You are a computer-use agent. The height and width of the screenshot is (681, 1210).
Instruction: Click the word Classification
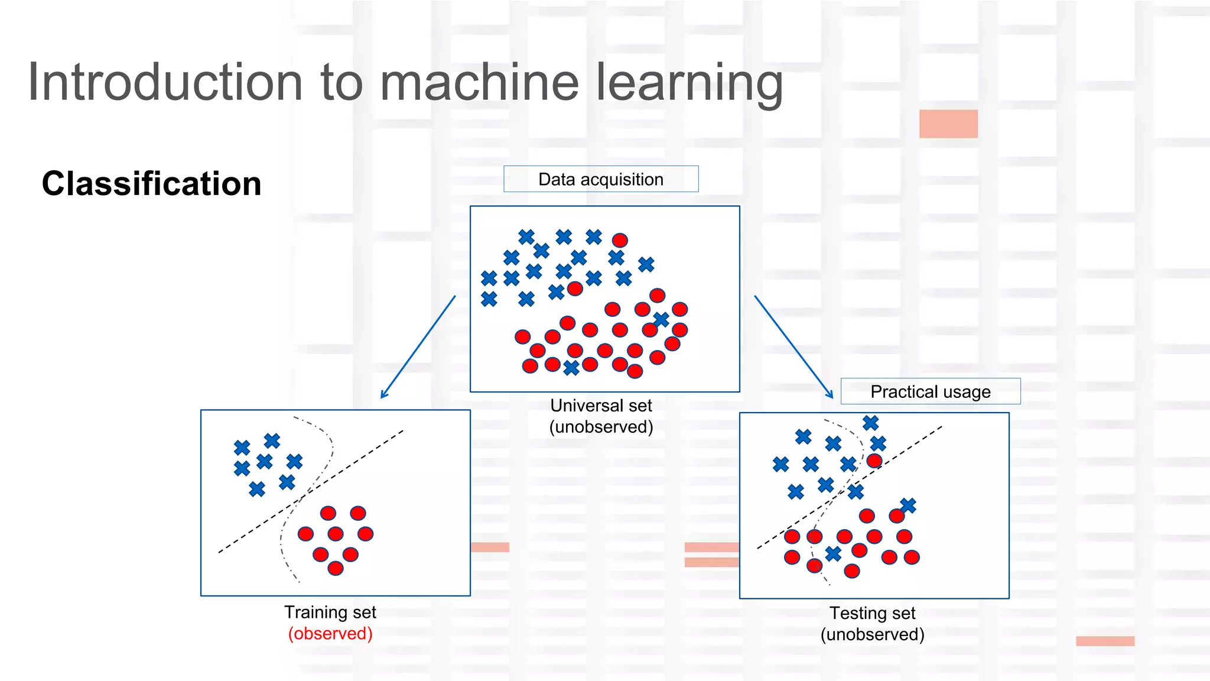151,183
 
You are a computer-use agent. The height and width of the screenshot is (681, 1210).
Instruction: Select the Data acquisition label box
600,179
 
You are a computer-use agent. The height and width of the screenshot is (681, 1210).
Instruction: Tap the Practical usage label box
930,391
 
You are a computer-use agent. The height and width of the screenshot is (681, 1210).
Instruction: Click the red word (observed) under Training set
330,633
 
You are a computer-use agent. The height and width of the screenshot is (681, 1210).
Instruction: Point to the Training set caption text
330,612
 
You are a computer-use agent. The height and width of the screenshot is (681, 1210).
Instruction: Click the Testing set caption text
872,613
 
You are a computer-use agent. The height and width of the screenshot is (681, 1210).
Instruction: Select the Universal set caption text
601,406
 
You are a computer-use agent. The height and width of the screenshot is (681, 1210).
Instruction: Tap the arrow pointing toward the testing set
793,347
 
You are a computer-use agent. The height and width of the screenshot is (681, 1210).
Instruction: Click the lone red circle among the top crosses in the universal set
620,240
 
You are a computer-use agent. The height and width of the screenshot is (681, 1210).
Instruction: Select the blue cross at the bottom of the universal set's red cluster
571,368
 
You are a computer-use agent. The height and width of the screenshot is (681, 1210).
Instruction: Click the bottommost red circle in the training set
336,568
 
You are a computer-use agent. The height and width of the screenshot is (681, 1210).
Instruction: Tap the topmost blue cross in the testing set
870,423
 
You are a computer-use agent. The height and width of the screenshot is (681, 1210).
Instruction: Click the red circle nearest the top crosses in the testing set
874,461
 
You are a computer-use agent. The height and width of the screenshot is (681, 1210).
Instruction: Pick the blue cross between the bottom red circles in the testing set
833,554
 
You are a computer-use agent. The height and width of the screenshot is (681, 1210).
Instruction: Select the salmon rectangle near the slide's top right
948,124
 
